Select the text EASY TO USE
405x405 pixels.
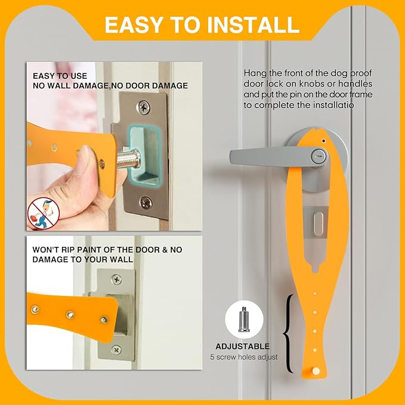pyautogui.click(x=60, y=76)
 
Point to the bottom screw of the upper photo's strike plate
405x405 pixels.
pyautogui.click(x=145, y=201)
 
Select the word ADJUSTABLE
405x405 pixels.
pyautogui.click(x=243, y=346)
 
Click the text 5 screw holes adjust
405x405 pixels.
pyautogui.click(x=243, y=357)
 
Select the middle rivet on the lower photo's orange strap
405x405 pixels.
pyautogui.click(x=70, y=313)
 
